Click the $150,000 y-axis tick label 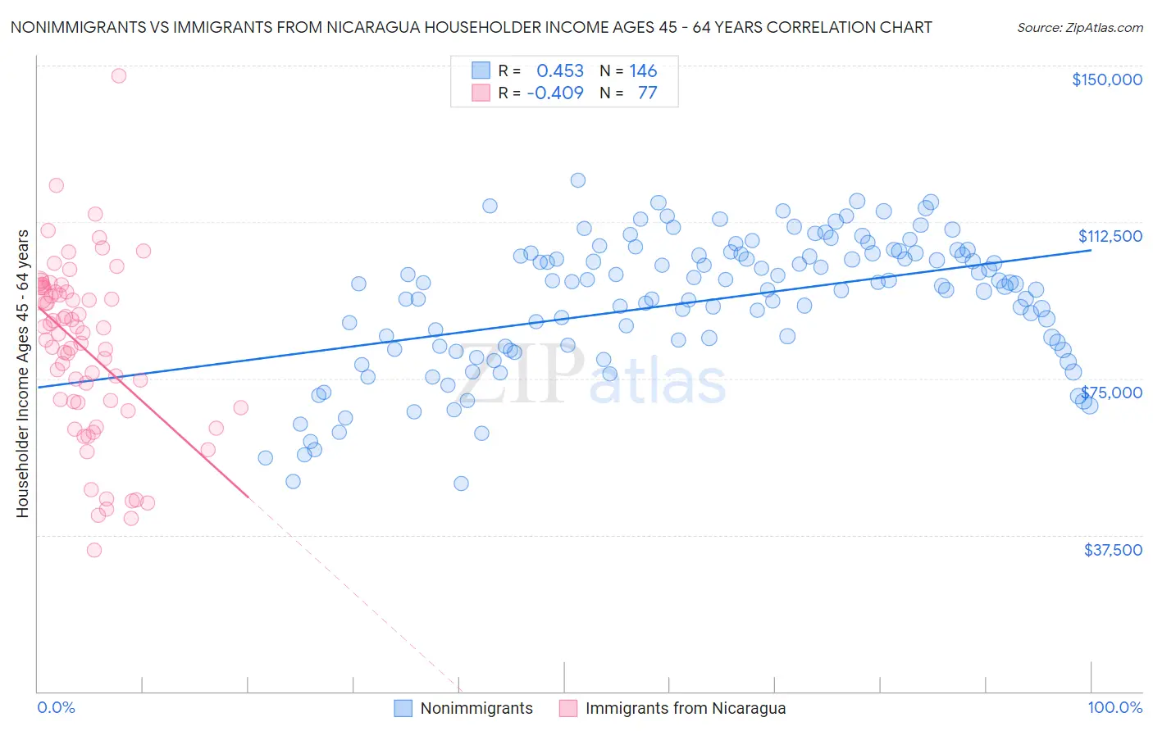pos(1106,79)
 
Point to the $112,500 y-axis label pos(1110,236)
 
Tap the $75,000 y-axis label pos(1111,393)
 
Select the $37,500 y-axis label pos(1113,550)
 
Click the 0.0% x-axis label pos(56,707)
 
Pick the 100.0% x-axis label pos(1114,707)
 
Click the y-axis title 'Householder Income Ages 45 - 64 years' pos(22,374)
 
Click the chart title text pos(471,27)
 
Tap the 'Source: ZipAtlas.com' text pos(1079,27)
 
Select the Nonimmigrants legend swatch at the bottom pos(403,708)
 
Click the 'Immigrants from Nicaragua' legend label pos(685,708)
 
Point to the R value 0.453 pos(560,71)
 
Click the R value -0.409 pos(555,93)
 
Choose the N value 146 pos(643,71)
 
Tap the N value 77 pos(647,93)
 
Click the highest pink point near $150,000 pos(119,75)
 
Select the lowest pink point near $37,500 pos(94,550)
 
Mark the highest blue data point pos(578,180)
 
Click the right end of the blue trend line pos(1091,250)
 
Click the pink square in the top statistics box pos(481,93)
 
